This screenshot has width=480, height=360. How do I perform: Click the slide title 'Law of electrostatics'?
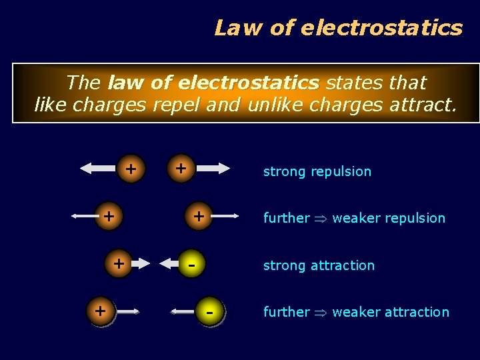coord(338,27)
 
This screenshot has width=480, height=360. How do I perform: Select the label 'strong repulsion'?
coord(317,171)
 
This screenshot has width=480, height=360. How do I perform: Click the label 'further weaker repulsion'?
coord(354,218)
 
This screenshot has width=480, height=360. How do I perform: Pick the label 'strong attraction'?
coord(319,265)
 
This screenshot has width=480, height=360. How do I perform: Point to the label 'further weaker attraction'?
coord(356,312)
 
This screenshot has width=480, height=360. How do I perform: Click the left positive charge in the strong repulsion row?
coord(131,169)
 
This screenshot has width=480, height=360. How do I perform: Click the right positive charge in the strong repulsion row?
coord(181,169)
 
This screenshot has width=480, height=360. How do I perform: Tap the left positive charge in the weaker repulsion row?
coord(108,217)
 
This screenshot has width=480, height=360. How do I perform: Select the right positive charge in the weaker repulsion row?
coord(198,217)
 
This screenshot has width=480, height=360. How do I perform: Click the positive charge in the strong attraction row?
coord(119,263)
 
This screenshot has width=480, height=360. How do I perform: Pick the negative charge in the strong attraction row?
coord(191,264)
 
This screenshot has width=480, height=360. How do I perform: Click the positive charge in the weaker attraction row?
coord(101,311)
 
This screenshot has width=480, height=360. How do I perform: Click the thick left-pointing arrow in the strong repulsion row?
coord(97,169)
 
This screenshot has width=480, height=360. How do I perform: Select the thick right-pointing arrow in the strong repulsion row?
coord(213,169)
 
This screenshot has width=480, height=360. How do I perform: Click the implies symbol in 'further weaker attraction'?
coord(321,313)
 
